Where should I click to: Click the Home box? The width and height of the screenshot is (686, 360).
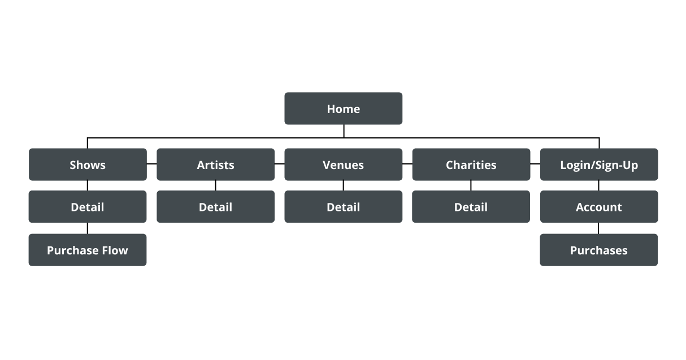click(x=344, y=109)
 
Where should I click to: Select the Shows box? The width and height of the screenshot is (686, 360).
click(x=88, y=164)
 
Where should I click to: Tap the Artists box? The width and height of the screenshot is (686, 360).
click(x=216, y=164)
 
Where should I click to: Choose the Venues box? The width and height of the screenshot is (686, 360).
click(x=344, y=164)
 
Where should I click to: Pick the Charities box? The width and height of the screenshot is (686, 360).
click(x=471, y=164)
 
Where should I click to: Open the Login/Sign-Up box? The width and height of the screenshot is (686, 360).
click(x=599, y=164)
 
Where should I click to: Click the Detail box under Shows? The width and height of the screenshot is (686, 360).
click(x=88, y=206)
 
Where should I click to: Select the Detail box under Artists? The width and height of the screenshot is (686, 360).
click(x=216, y=206)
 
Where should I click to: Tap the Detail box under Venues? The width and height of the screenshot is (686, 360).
click(x=344, y=206)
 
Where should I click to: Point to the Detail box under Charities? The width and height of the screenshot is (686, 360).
click(x=471, y=206)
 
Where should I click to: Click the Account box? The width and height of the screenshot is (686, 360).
click(x=599, y=206)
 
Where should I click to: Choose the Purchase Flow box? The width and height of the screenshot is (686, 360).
click(x=88, y=250)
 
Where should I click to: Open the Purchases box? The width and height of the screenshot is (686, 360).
click(x=599, y=250)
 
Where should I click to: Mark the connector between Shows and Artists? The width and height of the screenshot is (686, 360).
click(x=151, y=164)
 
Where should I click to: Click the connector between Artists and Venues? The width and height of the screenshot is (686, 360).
click(x=280, y=164)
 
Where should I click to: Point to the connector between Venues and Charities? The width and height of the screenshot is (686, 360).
click(x=407, y=164)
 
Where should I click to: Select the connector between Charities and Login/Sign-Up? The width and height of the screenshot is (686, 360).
click(x=535, y=164)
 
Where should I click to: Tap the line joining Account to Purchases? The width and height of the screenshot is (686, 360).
click(x=598, y=228)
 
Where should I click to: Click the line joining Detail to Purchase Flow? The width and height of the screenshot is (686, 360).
click(x=88, y=228)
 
